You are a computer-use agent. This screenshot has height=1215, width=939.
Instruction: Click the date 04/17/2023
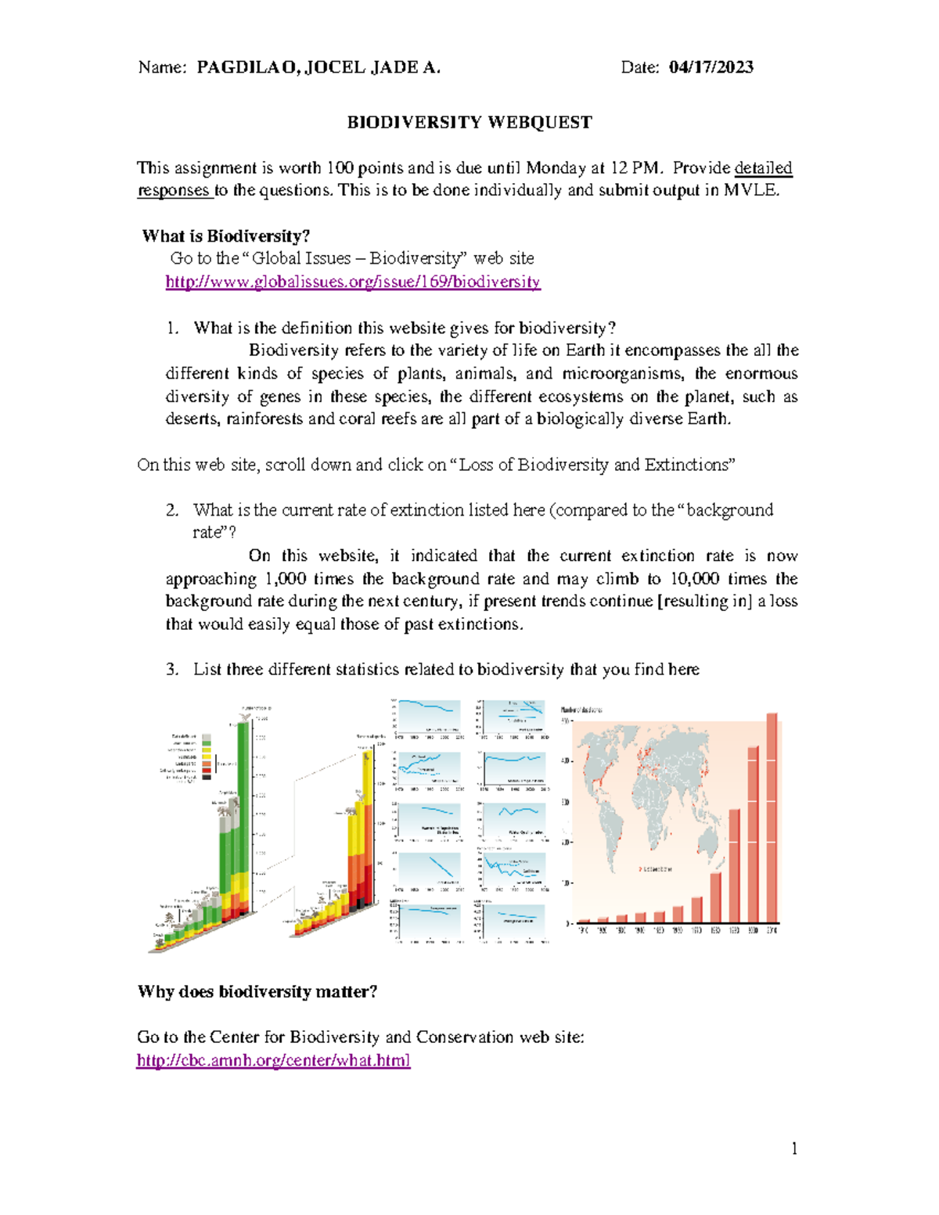tap(711, 67)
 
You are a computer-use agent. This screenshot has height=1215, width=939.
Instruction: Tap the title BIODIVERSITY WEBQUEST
tap(469, 123)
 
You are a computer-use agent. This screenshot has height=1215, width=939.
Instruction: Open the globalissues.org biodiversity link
tap(353, 282)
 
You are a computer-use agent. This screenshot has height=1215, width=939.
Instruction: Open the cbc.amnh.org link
tap(273, 1060)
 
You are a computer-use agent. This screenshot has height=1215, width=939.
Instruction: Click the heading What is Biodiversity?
tap(226, 236)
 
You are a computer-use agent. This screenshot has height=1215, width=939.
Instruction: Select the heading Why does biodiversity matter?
tap(257, 992)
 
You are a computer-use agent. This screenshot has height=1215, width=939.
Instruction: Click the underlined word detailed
tap(763, 168)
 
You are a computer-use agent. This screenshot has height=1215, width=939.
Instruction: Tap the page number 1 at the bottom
tap(794, 1148)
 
